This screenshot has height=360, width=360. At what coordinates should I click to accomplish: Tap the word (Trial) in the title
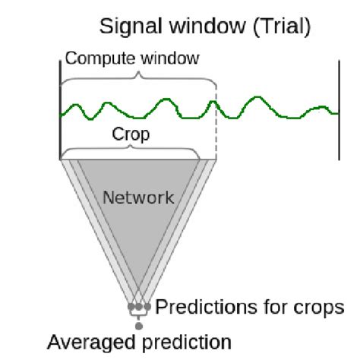click(x=282, y=27)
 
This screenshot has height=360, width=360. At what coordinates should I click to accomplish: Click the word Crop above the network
click(x=131, y=134)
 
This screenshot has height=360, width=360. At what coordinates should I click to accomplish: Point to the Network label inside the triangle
click(x=138, y=197)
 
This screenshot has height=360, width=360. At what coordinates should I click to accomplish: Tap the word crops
click(x=319, y=308)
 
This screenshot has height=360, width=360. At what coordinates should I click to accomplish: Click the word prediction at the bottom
click(x=187, y=343)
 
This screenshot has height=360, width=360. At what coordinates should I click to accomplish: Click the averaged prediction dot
click(x=139, y=326)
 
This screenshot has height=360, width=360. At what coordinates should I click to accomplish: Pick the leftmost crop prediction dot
click(x=131, y=307)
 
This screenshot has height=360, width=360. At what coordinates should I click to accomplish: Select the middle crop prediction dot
click(x=139, y=307)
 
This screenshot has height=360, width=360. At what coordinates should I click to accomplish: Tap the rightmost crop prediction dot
click(x=147, y=307)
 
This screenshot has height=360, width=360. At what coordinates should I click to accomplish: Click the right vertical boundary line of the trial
click(x=339, y=110)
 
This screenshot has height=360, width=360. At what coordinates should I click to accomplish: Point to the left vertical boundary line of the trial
click(x=60, y=110)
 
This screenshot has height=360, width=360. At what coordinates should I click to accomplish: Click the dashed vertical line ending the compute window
click(x=216, y=122)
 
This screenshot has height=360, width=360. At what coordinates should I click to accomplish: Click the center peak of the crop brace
click(x=130, y=146)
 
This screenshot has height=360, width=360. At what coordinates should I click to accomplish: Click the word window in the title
click(x=207, y=27)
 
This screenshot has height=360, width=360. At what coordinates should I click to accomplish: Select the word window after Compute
click(x=170, y=58)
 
